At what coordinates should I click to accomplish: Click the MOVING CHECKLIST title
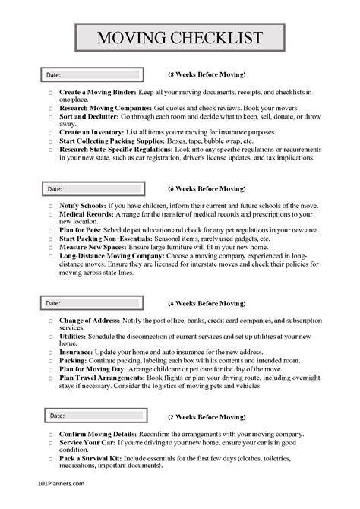(180, 38)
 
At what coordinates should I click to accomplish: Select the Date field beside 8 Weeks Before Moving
(91, 75)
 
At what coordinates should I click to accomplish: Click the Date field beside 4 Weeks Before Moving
(91, 303)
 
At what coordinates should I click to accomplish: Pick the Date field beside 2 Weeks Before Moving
(91, 416)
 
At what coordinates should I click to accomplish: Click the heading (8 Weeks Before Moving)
(207, 75)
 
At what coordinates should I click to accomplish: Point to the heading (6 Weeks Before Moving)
(207, 188)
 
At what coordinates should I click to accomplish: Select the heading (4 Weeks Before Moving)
(207, 302)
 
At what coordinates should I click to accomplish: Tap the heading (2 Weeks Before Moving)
(207, 416)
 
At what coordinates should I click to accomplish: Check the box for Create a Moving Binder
(51, 93)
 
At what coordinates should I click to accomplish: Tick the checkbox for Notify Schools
(51, 207)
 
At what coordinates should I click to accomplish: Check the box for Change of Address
(51, 321)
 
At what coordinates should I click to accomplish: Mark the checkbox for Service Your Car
(51, 443)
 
